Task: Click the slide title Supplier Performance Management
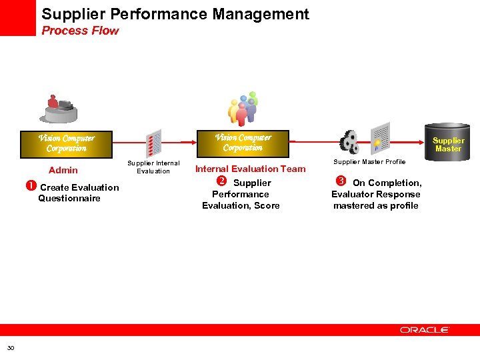click(175, 14)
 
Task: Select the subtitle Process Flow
click(80, 31)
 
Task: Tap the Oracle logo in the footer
click(425, 330)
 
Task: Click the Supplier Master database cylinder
click(448, 142)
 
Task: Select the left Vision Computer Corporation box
click(66, 143)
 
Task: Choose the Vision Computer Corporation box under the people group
click(243, 143)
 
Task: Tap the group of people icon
click(243, 109)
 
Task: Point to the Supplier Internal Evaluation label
click(153, 167)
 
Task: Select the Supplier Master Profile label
click(369, 162)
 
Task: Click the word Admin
click(63, 170)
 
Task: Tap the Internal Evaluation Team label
click(250, 169)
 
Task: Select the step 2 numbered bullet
click(223, 182)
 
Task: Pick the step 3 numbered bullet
click(341, 182)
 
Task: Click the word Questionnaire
click(69, 199)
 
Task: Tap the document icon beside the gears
click(379, 138)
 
